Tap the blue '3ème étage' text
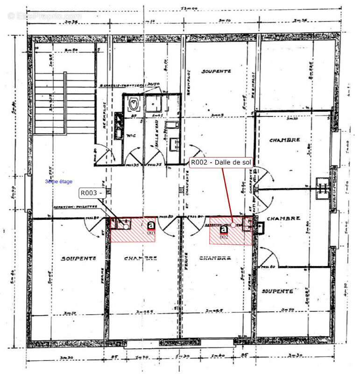click(58, 181)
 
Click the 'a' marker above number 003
click(151, 224)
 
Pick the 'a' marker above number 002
click(224, 229)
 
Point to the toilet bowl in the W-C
click(134, 103)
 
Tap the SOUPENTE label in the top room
click(216, 72)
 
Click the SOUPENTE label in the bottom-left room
click(78, 258)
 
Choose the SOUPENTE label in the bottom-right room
click(277, 291)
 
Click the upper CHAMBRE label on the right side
click(284, 140)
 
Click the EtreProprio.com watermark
click(44, 16)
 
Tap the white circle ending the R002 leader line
click(233, 225)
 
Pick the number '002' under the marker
click(224, 237)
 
